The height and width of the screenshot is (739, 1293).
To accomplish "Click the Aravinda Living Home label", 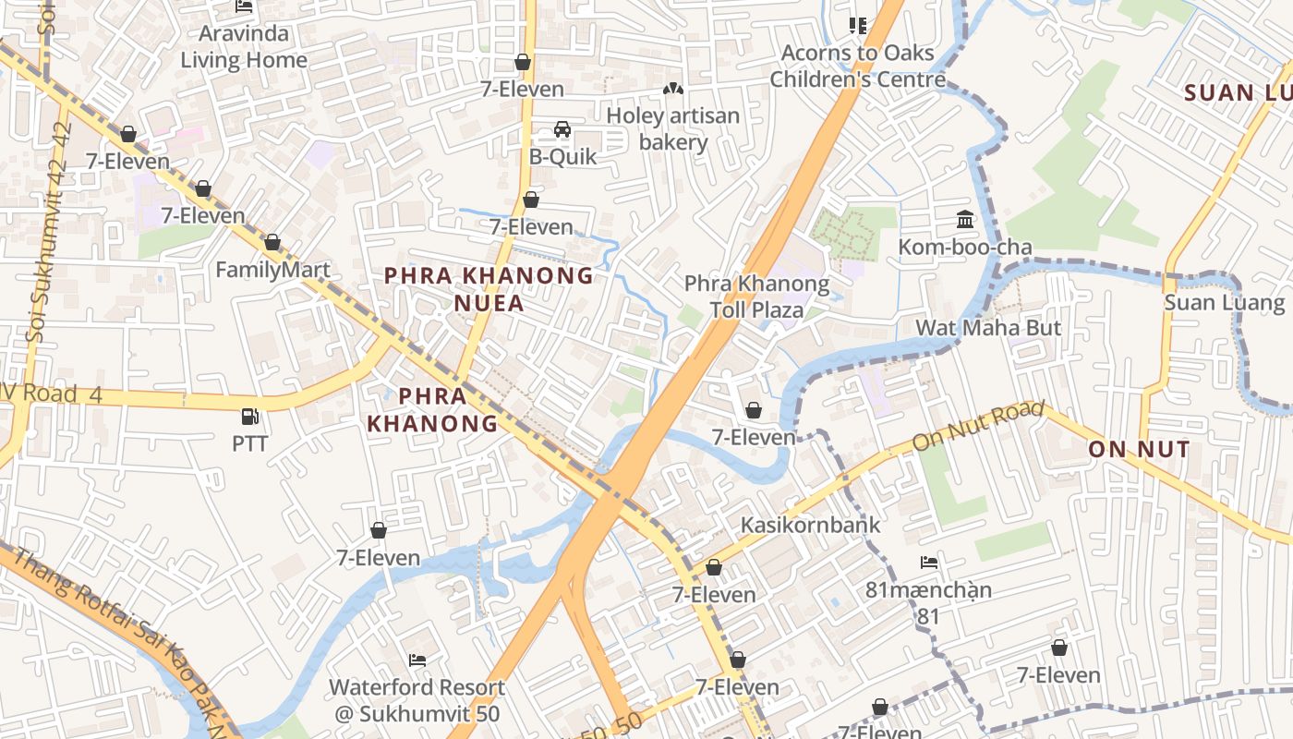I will click(x=244, y=47).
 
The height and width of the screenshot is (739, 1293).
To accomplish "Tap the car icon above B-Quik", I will click(x=562, y=129).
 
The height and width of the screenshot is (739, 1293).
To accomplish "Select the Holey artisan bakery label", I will click(x=673, y=129).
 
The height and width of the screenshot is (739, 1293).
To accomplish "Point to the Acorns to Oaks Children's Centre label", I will click(x=858, y=66).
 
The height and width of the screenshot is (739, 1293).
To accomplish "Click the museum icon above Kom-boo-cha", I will click(x=965, y=219).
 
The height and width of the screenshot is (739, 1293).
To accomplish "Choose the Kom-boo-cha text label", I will click(x=965, y=247).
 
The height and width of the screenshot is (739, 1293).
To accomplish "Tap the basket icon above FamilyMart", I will click(x=272, y=243).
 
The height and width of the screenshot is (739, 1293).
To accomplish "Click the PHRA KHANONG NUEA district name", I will click(x=489, y=288).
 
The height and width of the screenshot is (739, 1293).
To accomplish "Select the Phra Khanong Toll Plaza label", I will click(x=756, y=297).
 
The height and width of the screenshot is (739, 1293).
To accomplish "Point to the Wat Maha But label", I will click(x=988, y=327).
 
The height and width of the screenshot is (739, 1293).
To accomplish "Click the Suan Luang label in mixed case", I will click(x=1224, y=302).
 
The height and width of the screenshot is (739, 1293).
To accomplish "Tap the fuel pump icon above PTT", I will click(x=249, y=417).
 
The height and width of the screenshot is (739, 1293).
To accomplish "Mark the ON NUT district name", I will click(x=1138, y=449).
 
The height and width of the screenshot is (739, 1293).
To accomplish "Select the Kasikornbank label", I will click(x=810, y=525).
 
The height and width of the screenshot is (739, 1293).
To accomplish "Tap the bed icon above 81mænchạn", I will click(x=928, y=562).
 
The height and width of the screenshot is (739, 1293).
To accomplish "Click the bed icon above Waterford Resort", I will click(x=417, y=660).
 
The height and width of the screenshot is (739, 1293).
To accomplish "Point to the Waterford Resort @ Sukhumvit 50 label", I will click(x=417, y=700).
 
